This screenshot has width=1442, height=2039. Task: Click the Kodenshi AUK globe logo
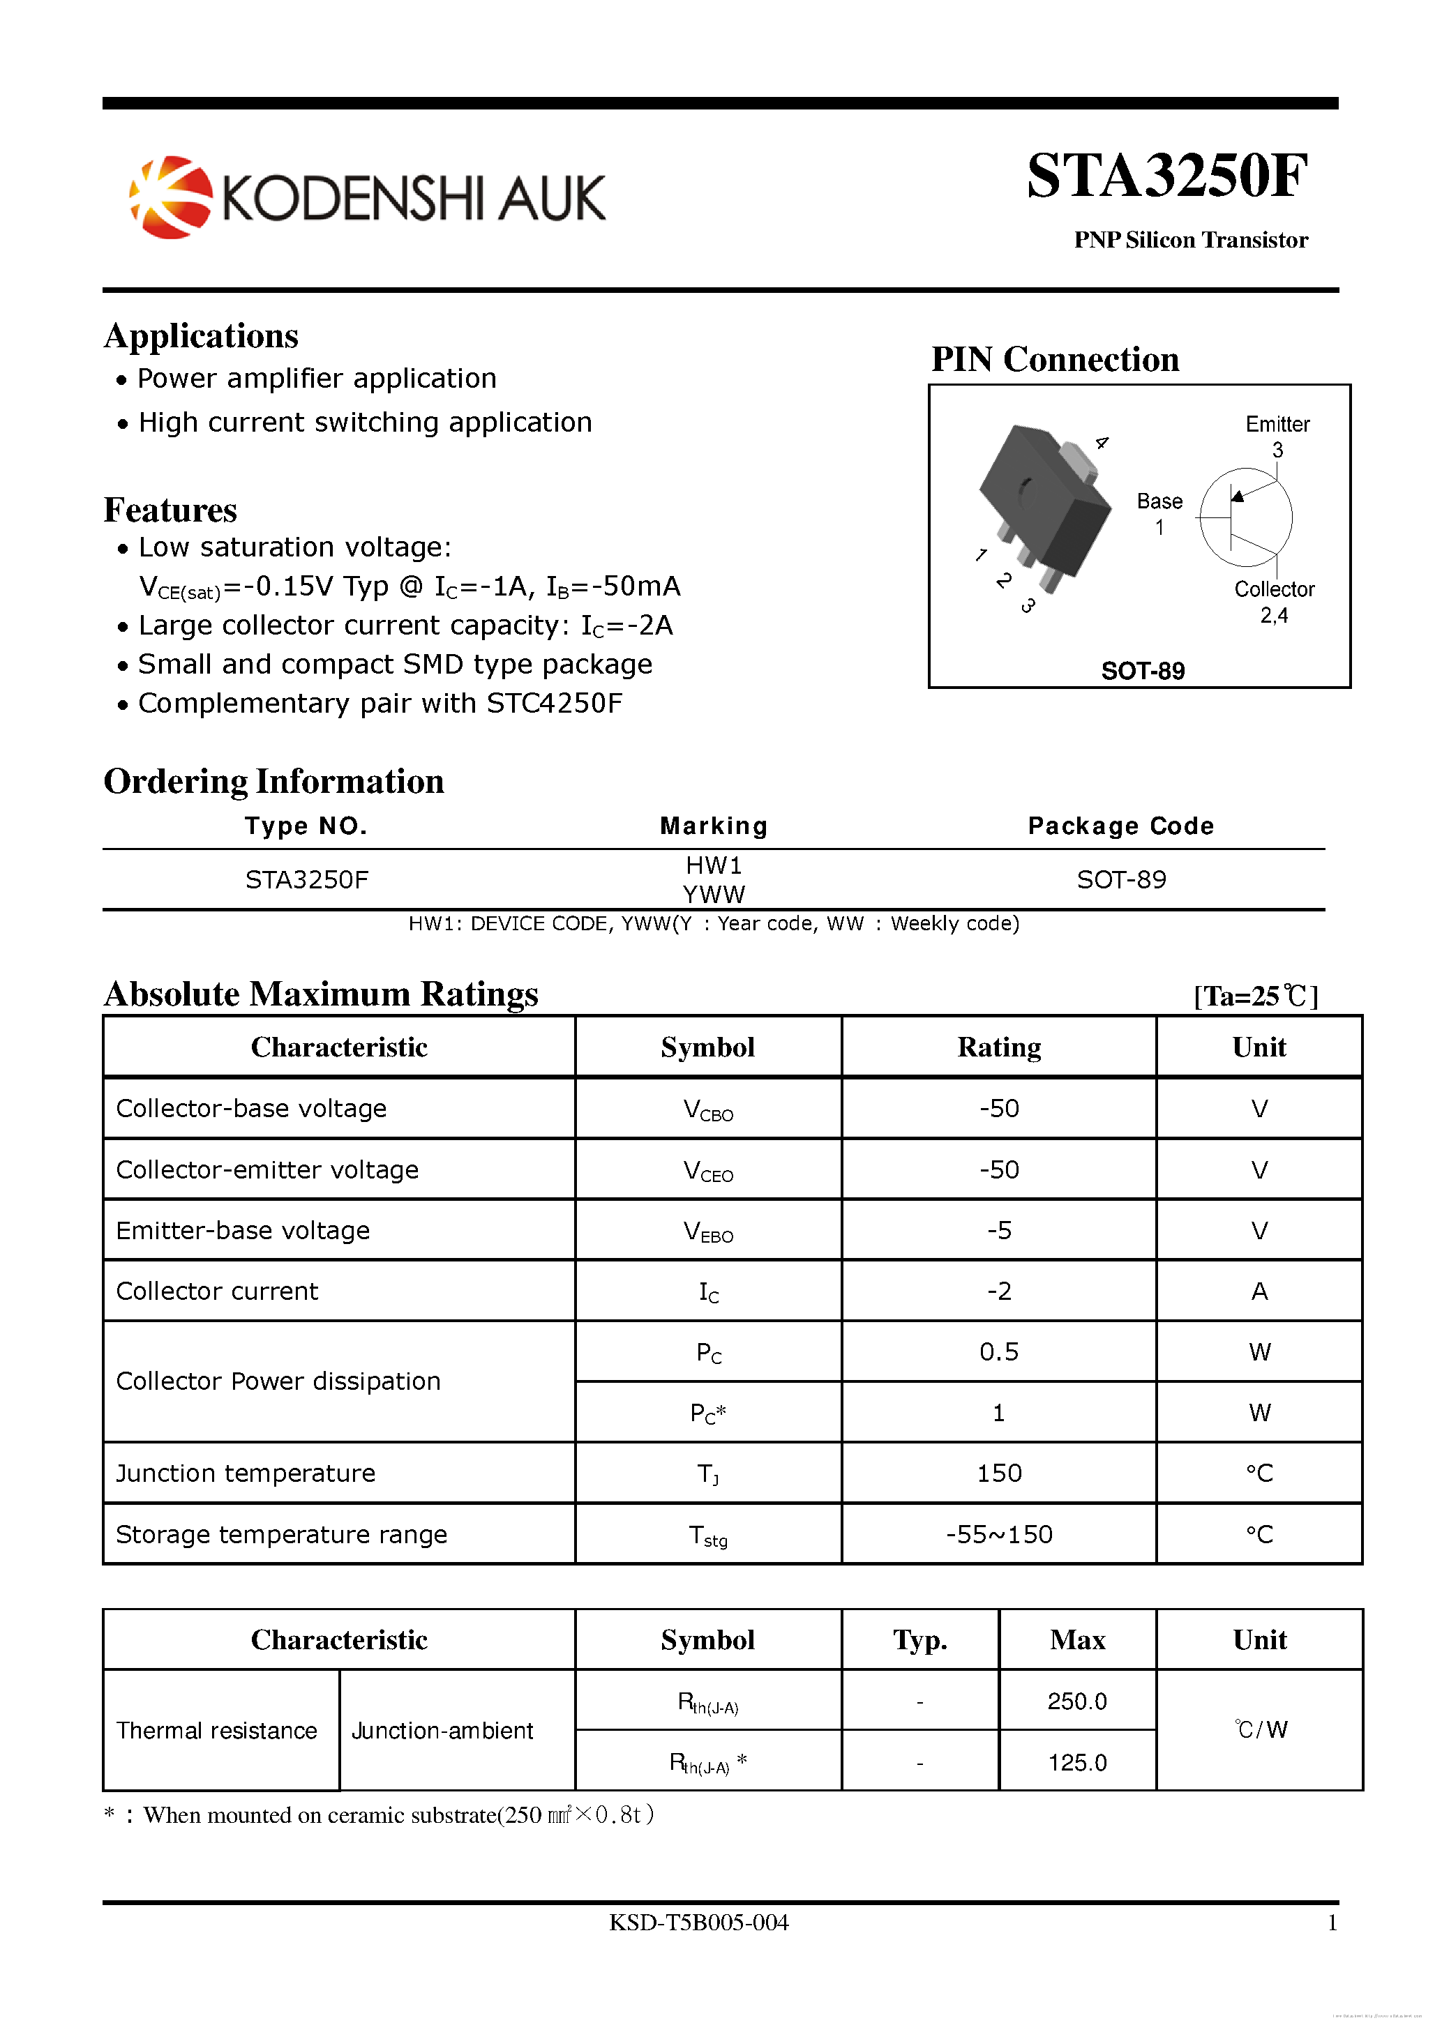pyautogui.click(x=172, y=197)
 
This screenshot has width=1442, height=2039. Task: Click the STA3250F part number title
pyautogui.click(x=1166, y=175)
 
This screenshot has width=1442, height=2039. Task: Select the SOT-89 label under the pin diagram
pyautogui.click(x=1142, y=671)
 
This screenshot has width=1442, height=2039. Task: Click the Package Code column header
pyautogui.click(x=1120, y=826)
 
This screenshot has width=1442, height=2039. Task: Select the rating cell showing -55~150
pyautogui.click(x=998, y=1533)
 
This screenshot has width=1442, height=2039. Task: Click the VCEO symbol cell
pyautogui.click(x=708, y=1170)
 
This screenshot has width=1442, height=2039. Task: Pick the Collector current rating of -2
pyautogui.click(x=998, y=1291)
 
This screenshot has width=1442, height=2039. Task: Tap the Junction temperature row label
pyautogui.click(x=246, y=1473)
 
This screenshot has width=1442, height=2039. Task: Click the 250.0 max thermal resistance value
pyautogui.click(x=1077, y=1701)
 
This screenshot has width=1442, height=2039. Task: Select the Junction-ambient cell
pyautogui.click(x=442, y=1730)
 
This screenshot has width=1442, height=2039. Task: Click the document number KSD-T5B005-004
pyautogui.click(x=698, y=1922)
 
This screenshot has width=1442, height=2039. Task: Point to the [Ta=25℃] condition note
pyautogui.click(x=1254, y=996)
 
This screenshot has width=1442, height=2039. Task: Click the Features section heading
pyautogui.click(x=171, y=510)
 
